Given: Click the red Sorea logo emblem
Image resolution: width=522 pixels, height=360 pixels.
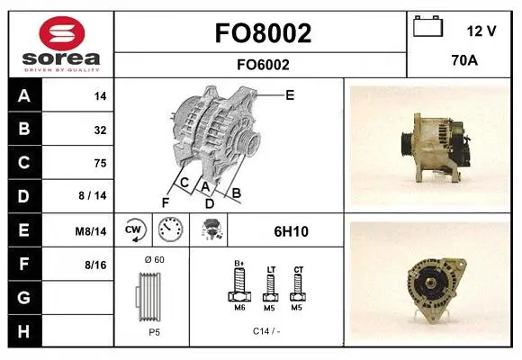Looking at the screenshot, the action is pos(62,33).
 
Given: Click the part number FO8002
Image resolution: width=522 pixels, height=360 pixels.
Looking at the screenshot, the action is pos(263,33).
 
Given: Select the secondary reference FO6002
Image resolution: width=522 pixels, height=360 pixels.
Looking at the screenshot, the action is pos(263,65).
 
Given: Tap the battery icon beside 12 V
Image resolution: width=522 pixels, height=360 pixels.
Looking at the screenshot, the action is pos(427,26).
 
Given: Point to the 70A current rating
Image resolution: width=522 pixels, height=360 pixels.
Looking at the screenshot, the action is pos(464,60).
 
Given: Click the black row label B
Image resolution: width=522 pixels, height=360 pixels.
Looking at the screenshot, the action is pos(24,129).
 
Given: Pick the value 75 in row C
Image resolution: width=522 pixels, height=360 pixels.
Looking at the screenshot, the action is pos(100,163).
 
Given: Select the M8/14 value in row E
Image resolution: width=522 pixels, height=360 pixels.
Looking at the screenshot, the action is pos(91,231).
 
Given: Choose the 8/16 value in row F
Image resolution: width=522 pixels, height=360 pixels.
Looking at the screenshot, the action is pos(95,265).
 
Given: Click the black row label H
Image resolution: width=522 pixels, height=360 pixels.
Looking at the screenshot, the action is pos(24,331).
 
